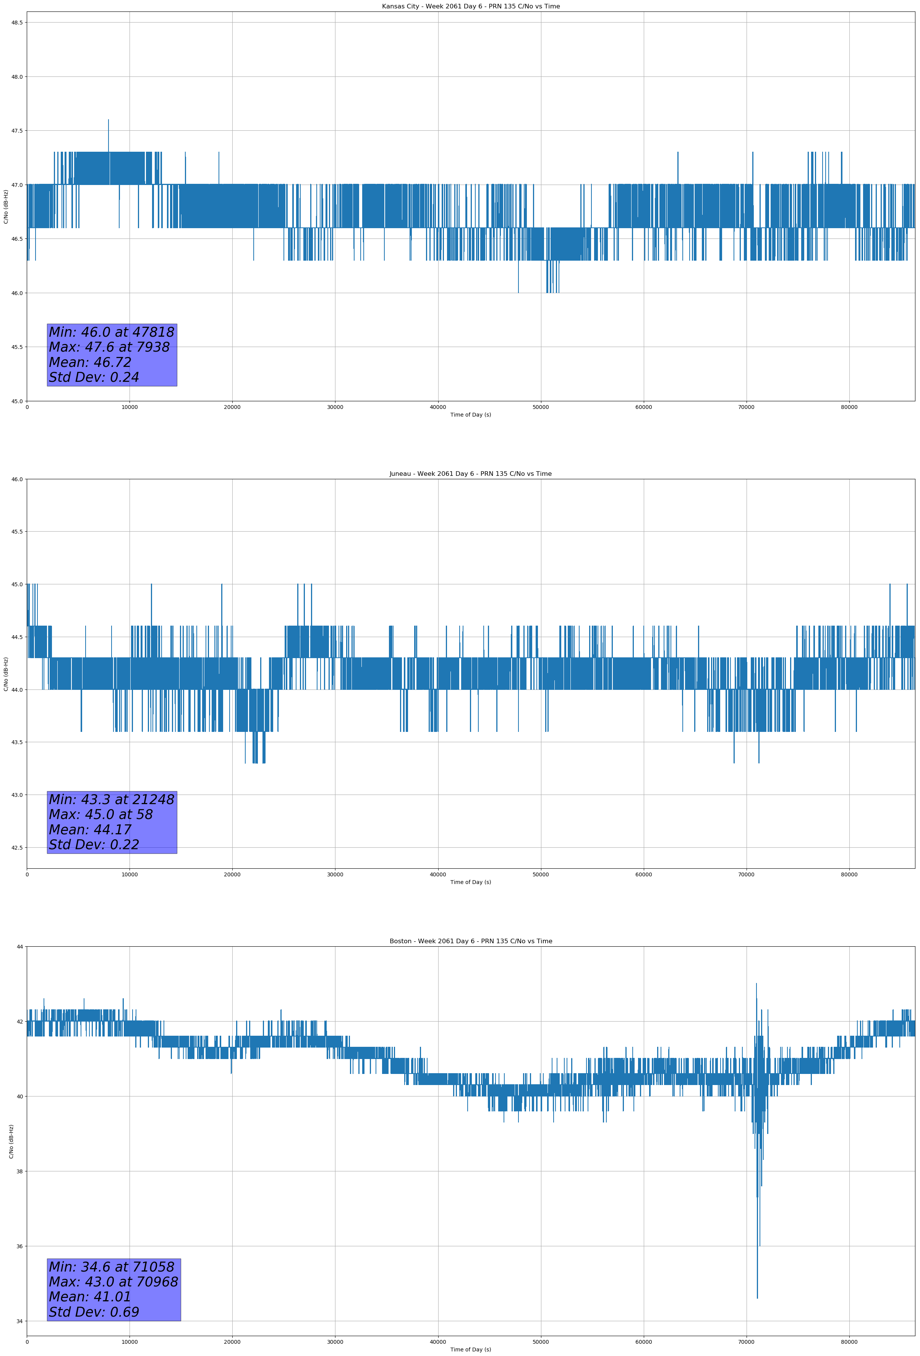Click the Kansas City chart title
click(470, 6)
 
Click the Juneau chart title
click(470, 474)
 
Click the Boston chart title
click(470, 941)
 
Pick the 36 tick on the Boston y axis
click(19, 1246)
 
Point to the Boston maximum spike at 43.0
click(756, 984)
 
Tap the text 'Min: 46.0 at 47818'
click(112, 332)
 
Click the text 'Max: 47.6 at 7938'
click(109, 347)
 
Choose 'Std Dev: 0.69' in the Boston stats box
click(94, 1312)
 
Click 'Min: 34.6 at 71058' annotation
click(112, 1267)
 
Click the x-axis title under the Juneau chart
click(470, 882)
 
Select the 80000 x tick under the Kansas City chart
click(849, 407)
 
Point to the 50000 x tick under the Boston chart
click(541, 1342)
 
